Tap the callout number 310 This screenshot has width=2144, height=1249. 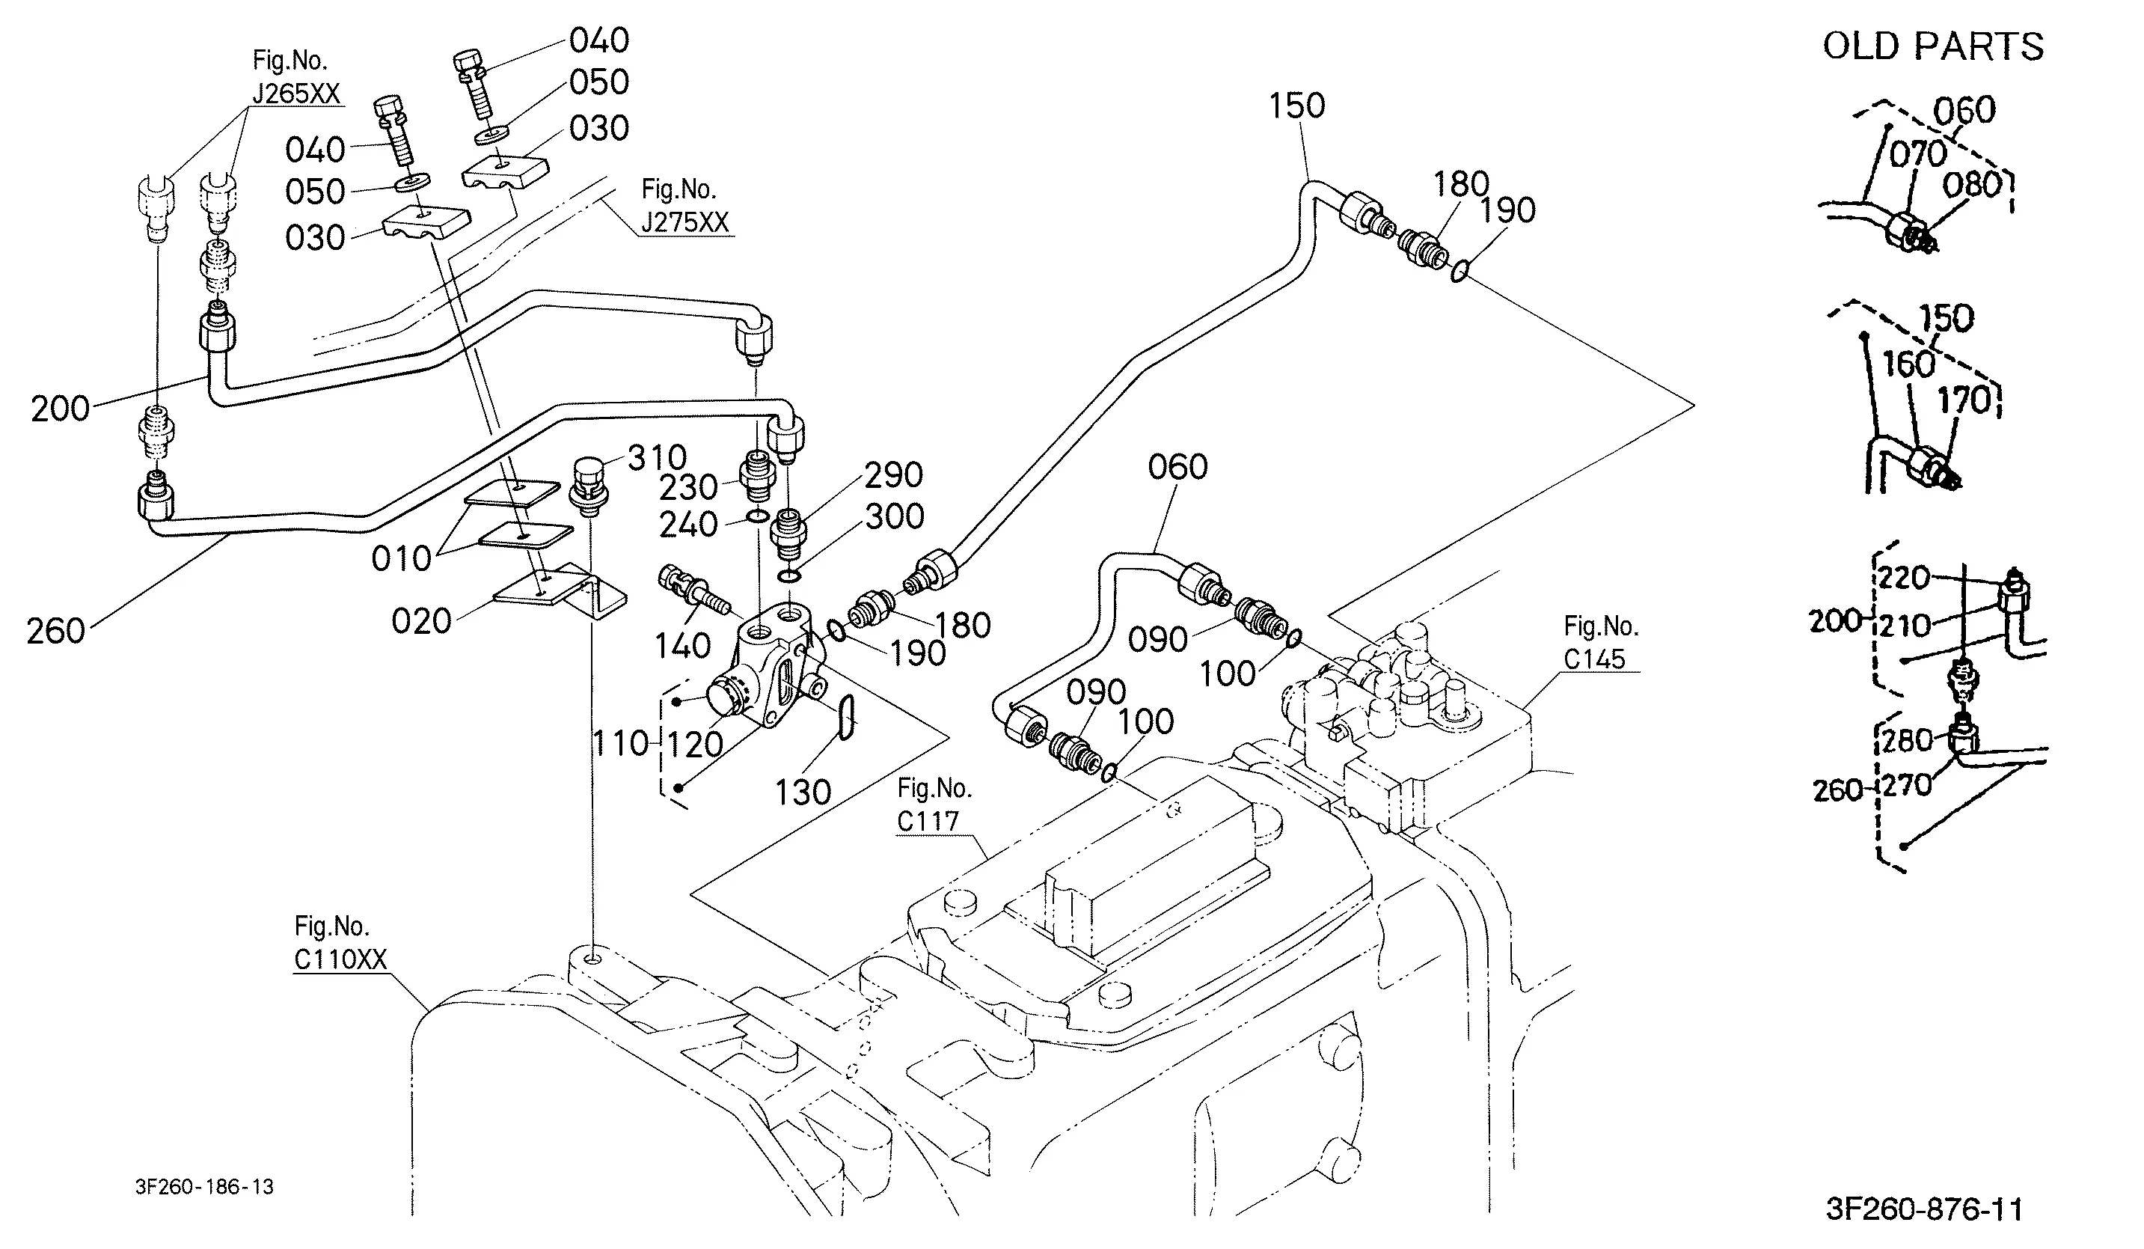pyautogui.click(x=657, y=458)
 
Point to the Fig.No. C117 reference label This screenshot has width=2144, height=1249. pyautogui.click(x=934, y=805)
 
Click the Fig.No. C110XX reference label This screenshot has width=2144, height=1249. pyautogui.click(x=340, y=943)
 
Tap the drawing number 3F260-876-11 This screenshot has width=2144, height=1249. pyautogui.click(x=1925, y=1209)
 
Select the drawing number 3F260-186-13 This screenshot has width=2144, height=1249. pyautogui.click(x=204, y=1187)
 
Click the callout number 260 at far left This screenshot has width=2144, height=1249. pyautogui.click(x=55, y=632)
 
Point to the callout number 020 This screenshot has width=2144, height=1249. pyautogui.click(x=421, y=621)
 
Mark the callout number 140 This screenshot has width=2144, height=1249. pyautogui.click(x=682, y=647)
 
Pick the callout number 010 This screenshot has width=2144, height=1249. pyautogui.click(x=402, y=559)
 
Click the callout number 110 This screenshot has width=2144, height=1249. pyautogui.click(x=621, y=745)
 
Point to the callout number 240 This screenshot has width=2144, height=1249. pyautogui.click(x=688, y=525)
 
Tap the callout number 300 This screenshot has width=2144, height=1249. pyautogui.click(x=894, y=516)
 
